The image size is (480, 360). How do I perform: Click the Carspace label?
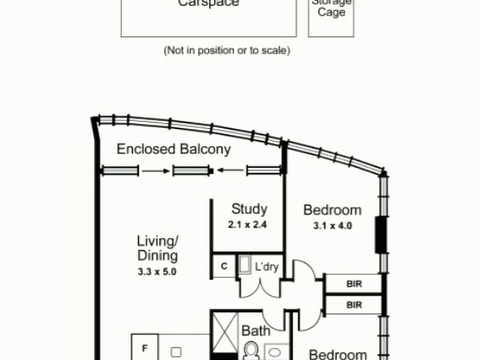click(x=208, y=4)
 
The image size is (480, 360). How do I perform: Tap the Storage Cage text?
click(x=331, y=7)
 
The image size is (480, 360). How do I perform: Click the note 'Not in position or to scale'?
click(x=227, y=51)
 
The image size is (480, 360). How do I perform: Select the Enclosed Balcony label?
click(x=173, y=149)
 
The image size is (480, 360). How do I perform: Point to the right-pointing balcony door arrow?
click(x=156, y=171)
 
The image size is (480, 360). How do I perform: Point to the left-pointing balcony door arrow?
click(x=230, y=171)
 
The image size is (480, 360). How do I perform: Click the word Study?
click(x=249, y=209)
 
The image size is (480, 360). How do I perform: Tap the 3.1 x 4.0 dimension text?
click(x=332, y=226)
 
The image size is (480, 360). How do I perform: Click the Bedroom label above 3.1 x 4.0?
click(x=332, y=210)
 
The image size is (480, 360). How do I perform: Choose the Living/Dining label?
click(x=158, y=248)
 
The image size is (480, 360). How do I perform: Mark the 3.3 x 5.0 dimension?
click(x=158, y=271)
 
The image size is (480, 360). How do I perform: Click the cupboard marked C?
click(x=223, y=266)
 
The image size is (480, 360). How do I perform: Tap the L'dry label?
click(x=266, y=267)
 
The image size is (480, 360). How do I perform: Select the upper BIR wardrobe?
click(x=353, y=283)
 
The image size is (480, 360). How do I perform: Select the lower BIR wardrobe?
click(x=353, y=305)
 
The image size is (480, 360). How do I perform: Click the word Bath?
click(x=255, y=331)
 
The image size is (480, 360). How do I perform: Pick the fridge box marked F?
click(x=145, y=347)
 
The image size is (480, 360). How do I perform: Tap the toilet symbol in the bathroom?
click(x=250, y=350)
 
